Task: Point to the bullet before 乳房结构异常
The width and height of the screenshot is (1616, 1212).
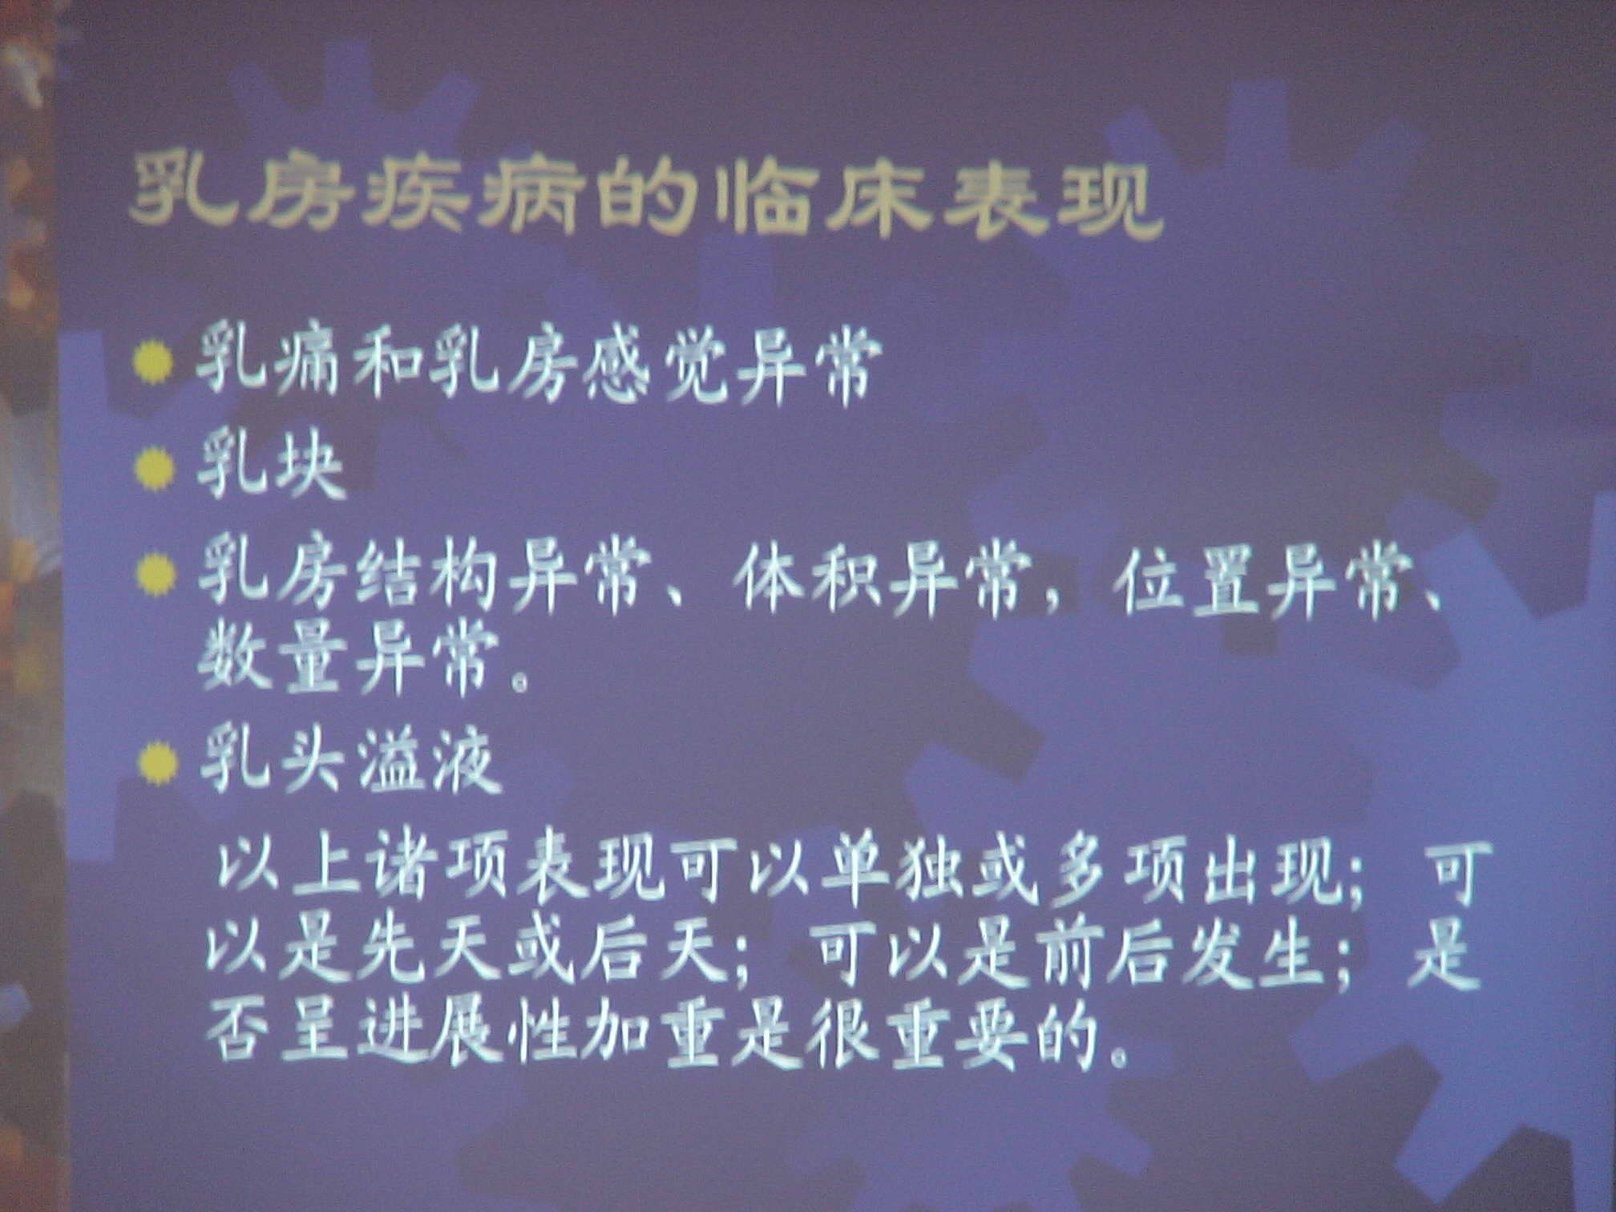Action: pyautogui.click(x=155, y=576)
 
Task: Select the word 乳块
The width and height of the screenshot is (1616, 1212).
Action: pyautogui.click(x=271, y=471)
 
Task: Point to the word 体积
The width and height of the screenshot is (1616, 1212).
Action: pyautogui.click(x=811, y=579)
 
